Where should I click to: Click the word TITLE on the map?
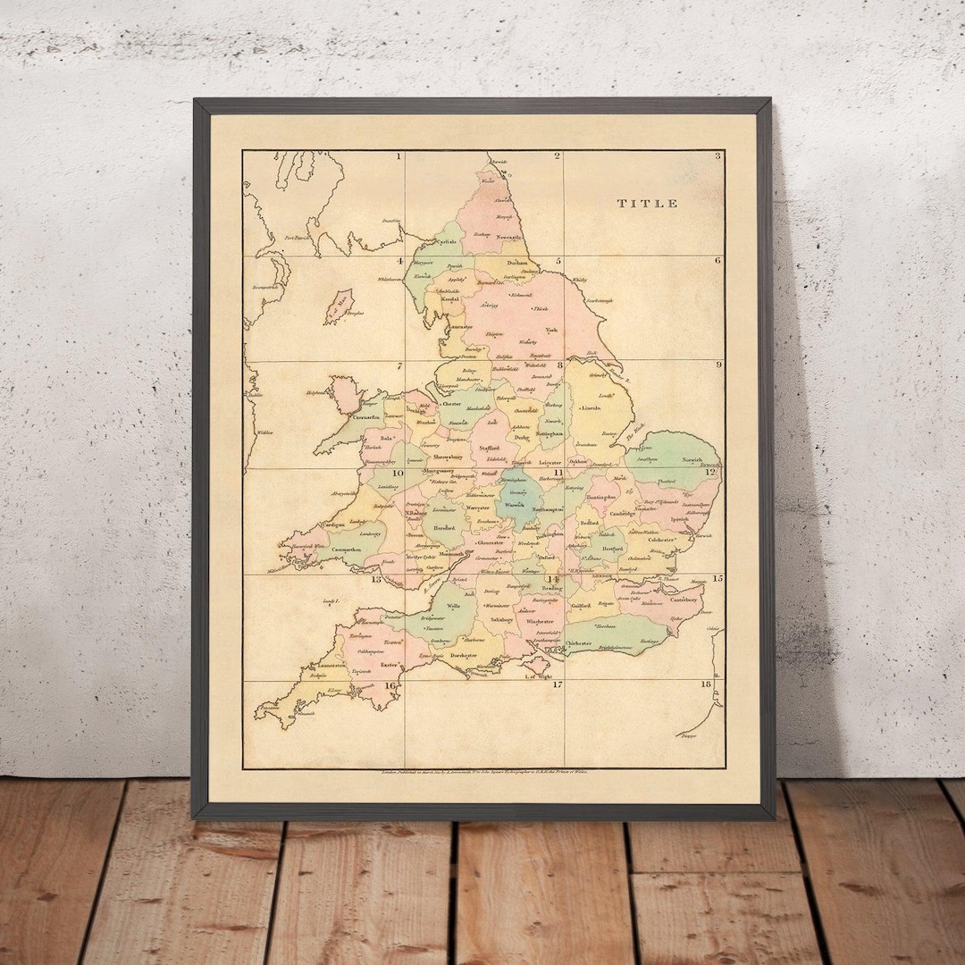(648, 204)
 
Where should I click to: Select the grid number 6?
(717, 261)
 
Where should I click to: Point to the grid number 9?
(717, 365)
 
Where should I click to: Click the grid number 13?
(377, 579)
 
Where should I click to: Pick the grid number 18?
(706, 684)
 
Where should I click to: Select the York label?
(551, 330)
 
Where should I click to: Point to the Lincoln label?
(591, 407)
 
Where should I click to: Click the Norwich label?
(693, 461)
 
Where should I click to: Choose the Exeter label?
(388, 665)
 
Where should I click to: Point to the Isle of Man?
(340, 305)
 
